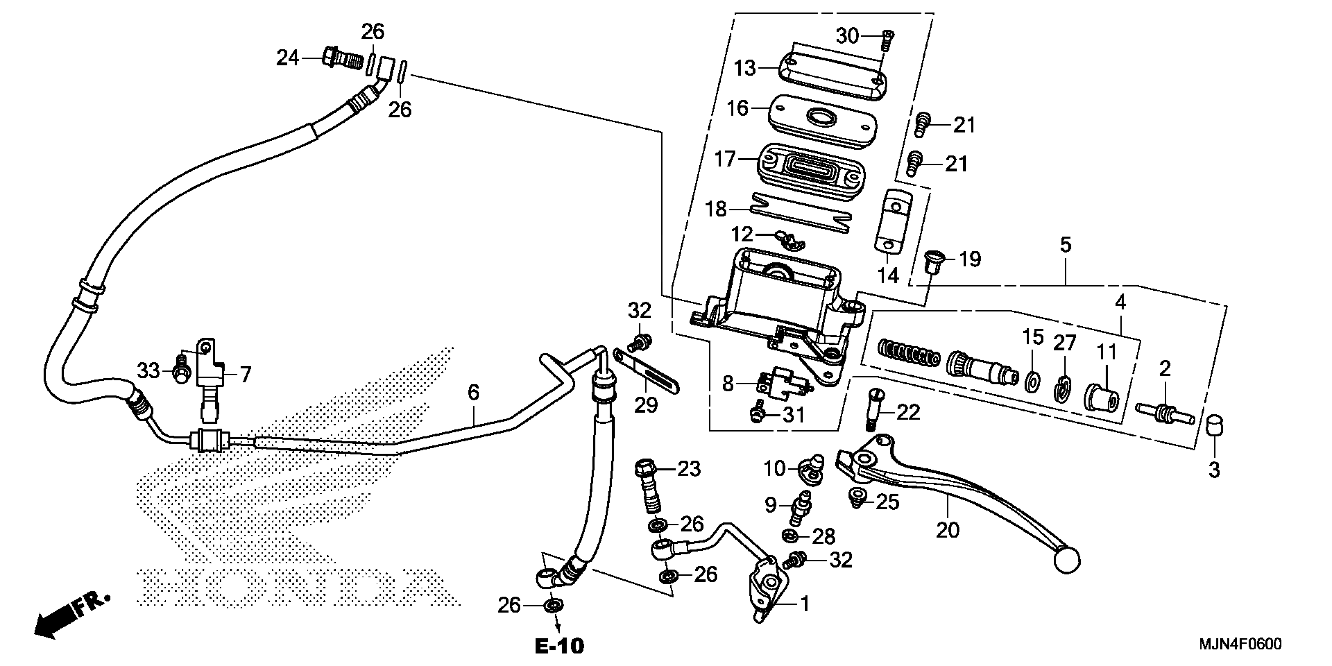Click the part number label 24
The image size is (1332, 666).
pos(288,58)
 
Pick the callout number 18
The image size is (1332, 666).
pos(717,210)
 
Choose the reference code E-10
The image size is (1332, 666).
pos(559,646)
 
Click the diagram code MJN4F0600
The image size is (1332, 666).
pos(1240,644)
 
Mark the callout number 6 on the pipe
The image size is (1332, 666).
pos(473,393)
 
